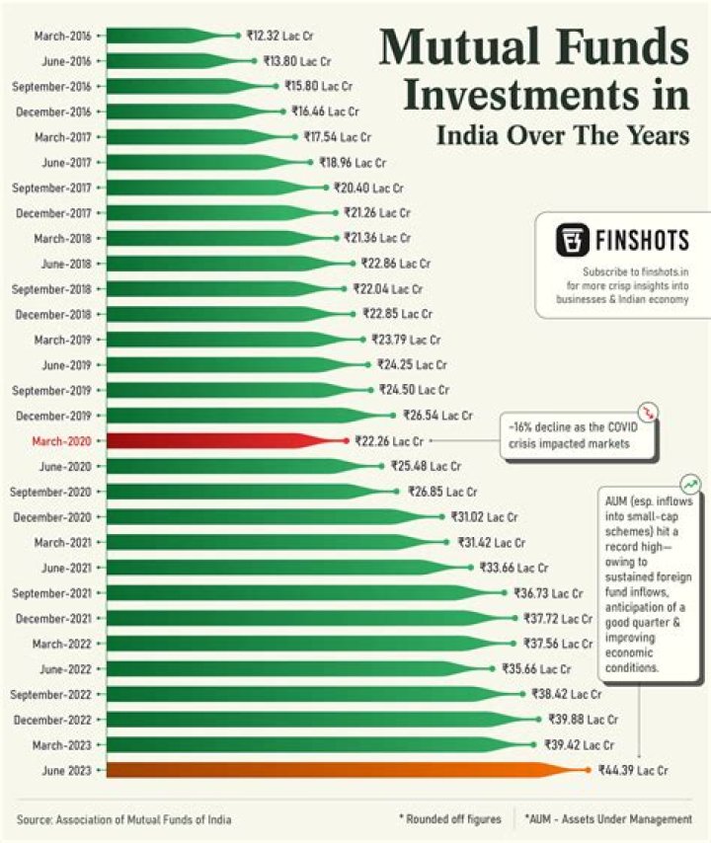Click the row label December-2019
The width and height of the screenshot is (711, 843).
[x=54, y=416]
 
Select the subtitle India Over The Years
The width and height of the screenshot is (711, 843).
[x=563, y=135]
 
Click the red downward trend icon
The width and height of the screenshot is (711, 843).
[x=648, y=412]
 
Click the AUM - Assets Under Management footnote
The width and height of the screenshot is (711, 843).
[x=609, y=819]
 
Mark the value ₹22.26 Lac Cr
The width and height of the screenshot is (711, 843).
[x=389, y=441]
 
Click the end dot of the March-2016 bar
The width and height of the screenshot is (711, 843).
[x=237, y=36]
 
